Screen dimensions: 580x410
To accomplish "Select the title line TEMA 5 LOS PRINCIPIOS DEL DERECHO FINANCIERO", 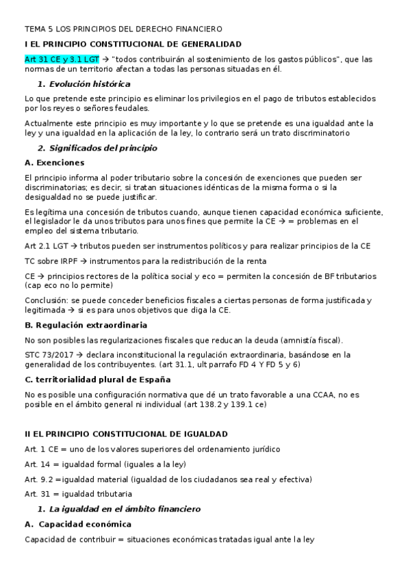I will [123, 29].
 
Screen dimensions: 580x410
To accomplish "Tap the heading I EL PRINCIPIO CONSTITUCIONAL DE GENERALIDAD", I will [132, 44].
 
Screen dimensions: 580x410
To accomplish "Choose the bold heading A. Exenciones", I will [54, 163].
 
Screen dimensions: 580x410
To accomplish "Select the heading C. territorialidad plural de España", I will [97, 379].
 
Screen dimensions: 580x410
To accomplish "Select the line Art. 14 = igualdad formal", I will [95, 464].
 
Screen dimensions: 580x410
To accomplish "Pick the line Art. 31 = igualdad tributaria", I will [79, 494].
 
